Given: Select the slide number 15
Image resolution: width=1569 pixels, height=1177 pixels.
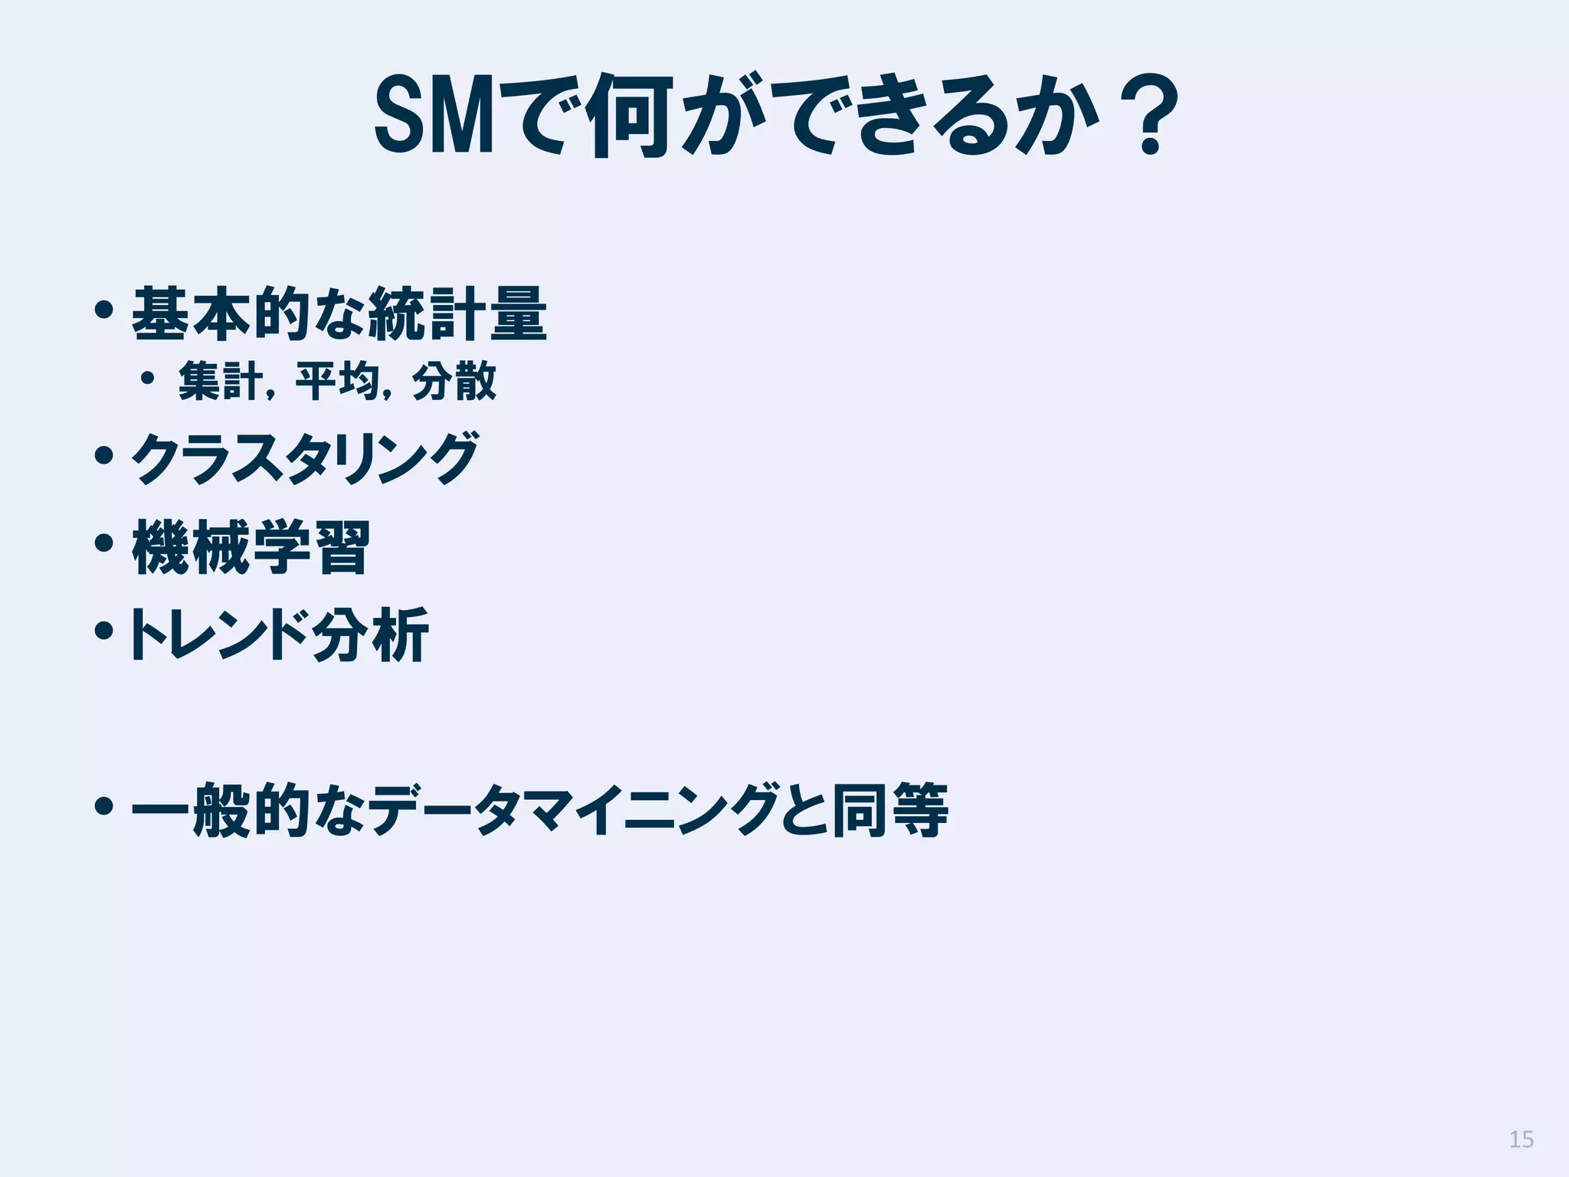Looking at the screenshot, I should coord(1521,1139).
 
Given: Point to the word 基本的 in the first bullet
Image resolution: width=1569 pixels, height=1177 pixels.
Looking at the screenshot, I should coord(224,314).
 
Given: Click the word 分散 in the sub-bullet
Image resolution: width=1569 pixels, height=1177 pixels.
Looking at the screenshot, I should coord(454,381).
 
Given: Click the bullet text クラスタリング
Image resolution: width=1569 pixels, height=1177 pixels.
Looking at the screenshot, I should coord(305,458).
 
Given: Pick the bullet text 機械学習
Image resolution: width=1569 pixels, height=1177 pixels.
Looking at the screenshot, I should coord(251,547).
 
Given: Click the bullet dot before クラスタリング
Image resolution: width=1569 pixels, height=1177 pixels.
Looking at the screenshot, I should coord(104,457).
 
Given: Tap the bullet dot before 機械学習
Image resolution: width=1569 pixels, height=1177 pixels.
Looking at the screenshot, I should coord(104,544).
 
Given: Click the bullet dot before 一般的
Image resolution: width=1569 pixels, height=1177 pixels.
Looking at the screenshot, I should coord(104,806).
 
